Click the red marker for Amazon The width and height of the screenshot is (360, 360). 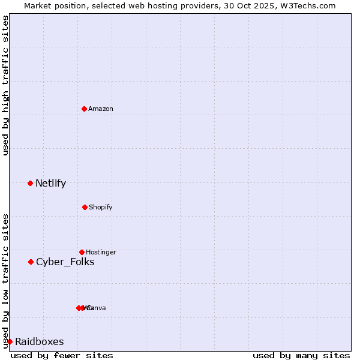(x=84, y=109)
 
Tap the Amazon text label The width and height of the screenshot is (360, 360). (x=100, y=109)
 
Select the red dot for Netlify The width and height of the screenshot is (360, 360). (x=30, y=183)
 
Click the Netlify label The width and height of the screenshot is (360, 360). (x=50, y=184)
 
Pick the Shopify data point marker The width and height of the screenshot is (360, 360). (x=85, y=207)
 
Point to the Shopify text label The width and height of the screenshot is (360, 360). (x=100, y=207)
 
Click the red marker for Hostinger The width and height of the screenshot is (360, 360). (x=82, y=252)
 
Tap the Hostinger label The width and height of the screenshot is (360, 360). (x=101, y=252)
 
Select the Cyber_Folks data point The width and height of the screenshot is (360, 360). (x=31, y=262)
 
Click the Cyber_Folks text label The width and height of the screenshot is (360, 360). (x=65, y=262)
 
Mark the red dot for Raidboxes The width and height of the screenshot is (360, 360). (x=10, y=341)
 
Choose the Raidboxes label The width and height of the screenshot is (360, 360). (x=39, y=342)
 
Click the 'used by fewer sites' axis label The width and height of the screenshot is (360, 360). (x=62, y=355)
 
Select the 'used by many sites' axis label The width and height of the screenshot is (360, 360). (x=301, y=355)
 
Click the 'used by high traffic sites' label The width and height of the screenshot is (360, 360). (x=5, y=86)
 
